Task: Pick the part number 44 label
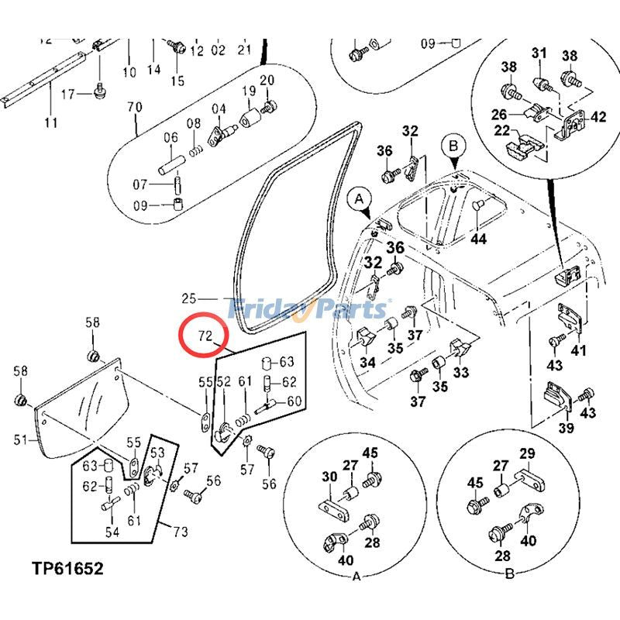pyautogui.click(x=478, y=239)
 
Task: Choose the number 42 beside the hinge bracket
pyautogui.click(x=598, y=118)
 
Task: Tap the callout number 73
pyautogui.click(x=181, y=531)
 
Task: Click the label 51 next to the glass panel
pyautogui.click(x=21, y=441)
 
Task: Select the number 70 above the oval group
pyautogui.click(x=133, y=106)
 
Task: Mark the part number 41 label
pyautogui.click(x=579, y=351)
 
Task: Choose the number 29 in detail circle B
pyautogui.click(x=526, y=454)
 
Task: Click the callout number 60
pyautogui.click(x=294, y=401)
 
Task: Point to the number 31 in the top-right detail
pyautogui.click(x=539, y=53)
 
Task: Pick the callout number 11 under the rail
pyautogui.click(x=51, y=122)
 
